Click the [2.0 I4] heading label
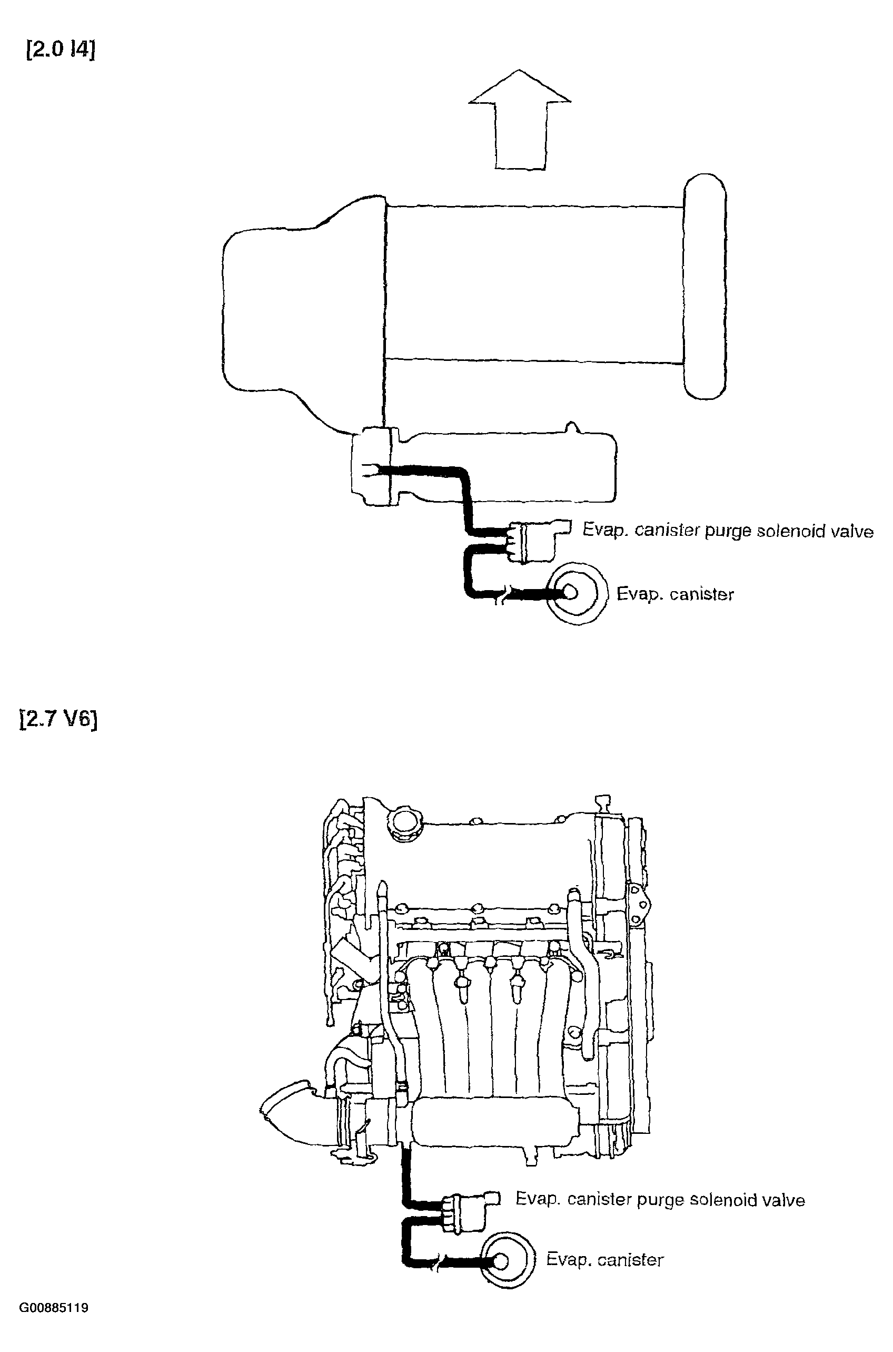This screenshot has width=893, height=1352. coord(61,50)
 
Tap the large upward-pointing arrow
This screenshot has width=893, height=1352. coord(519,120)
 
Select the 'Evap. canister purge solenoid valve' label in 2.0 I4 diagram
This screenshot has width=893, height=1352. coord(728,531)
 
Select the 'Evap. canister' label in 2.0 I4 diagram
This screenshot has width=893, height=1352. coord(676,594)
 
